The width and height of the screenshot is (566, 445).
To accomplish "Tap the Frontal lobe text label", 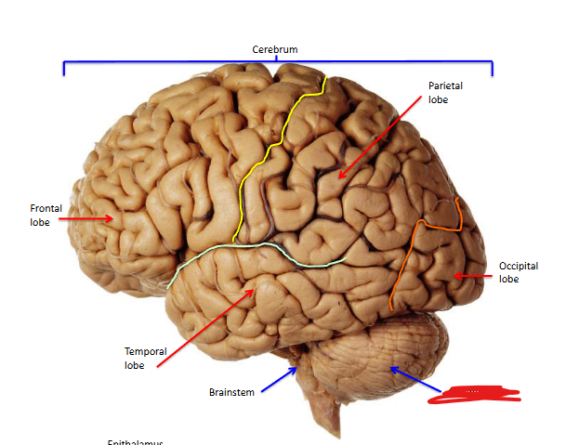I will pos(46,216).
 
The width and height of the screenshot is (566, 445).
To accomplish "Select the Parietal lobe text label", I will pos(445,93).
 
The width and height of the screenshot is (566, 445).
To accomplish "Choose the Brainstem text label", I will pos(230,392).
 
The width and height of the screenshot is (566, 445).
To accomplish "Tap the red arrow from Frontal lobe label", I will pos(91,218).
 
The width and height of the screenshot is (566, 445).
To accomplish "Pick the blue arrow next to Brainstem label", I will pos(279,381).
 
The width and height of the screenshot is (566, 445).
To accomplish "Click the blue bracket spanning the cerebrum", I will pos(277,63).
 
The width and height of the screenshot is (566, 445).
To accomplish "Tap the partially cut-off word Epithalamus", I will pos(136,442).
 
